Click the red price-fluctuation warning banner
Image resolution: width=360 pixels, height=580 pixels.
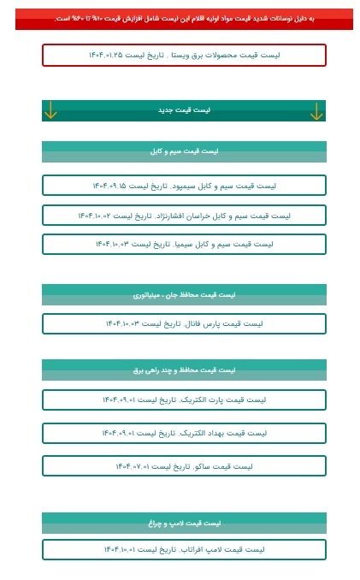tap(184, 19)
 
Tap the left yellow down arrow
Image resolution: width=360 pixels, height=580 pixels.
tap(50, 110)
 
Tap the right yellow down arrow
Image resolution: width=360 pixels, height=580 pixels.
tap(316, 110)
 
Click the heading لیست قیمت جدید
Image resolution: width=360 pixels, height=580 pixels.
tap(184, 110)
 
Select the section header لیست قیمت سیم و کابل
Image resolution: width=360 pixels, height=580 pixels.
tap(184, 151)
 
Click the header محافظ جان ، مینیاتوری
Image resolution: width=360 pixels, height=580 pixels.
tap(184, 295)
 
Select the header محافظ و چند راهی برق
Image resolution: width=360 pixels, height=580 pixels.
tap(184, 370)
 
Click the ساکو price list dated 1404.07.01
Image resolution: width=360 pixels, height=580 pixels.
tap(184, 466)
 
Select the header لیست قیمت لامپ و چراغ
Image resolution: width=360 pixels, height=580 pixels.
tap(184, 523)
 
